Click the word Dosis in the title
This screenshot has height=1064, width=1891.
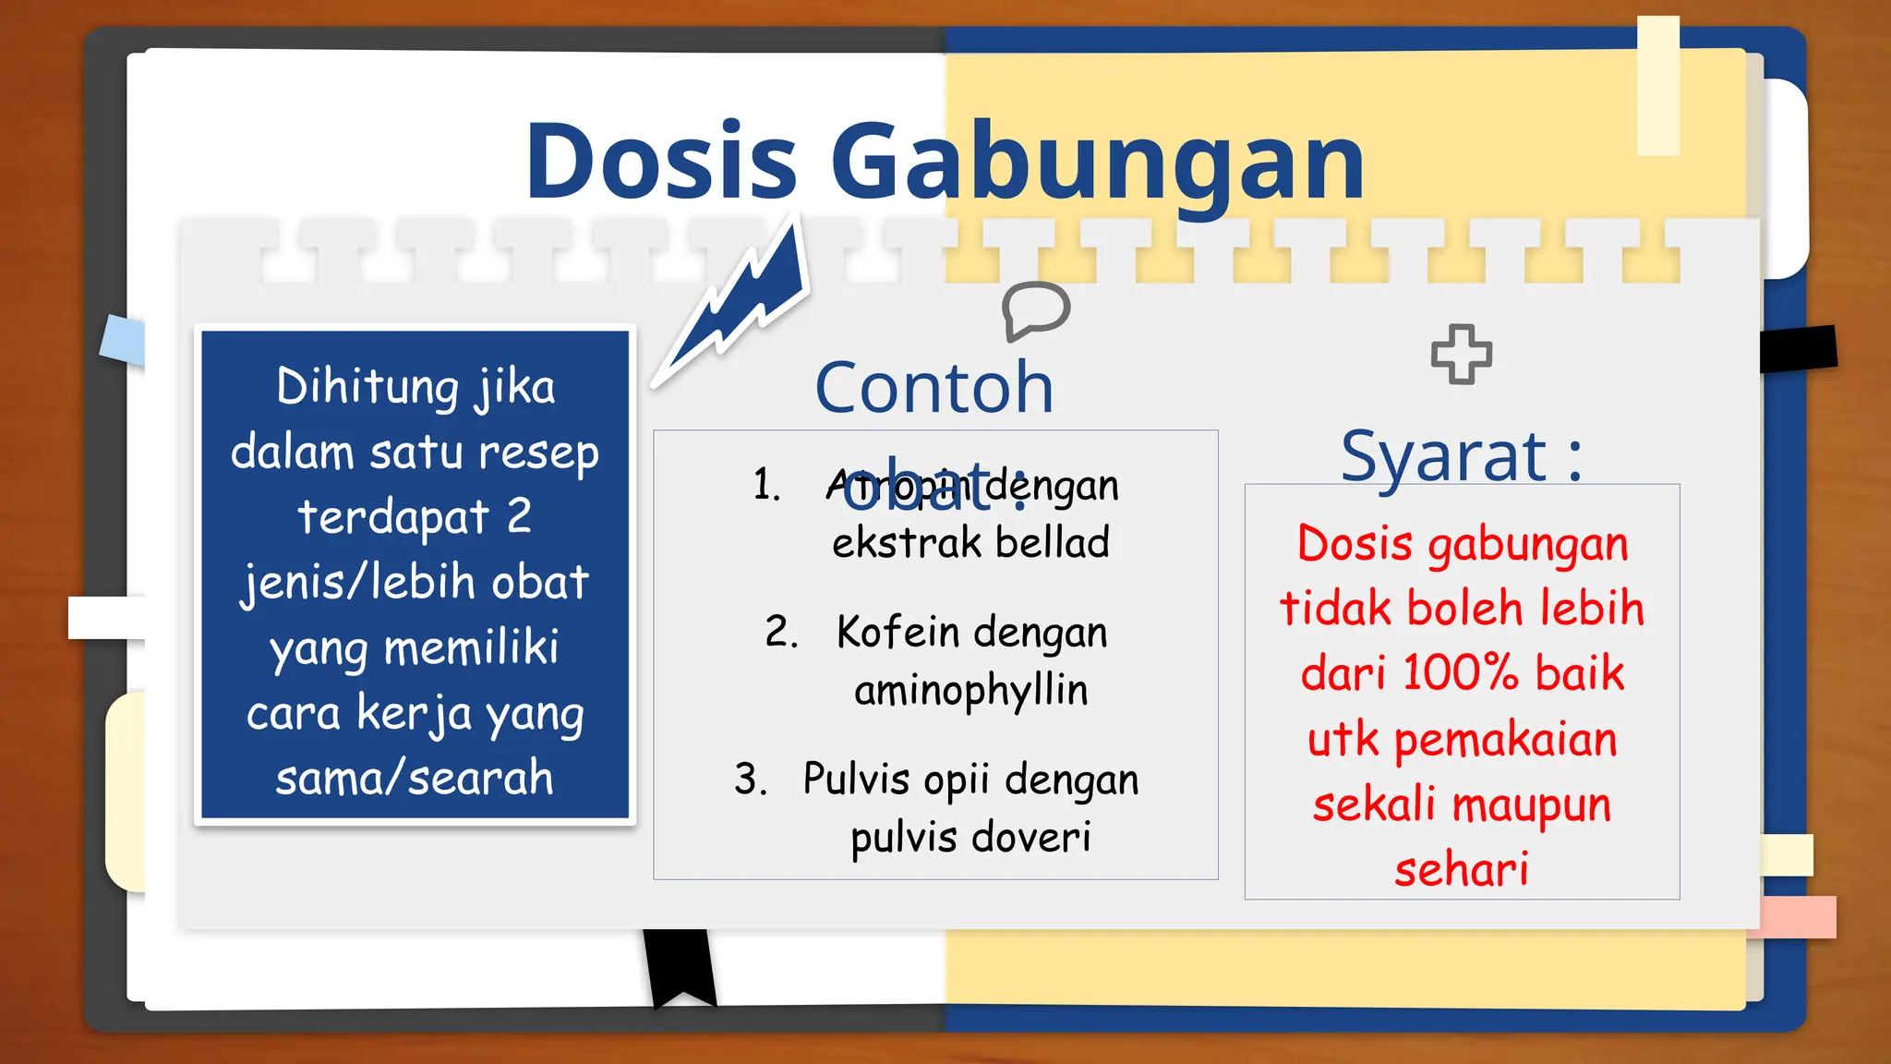[x=660, y=162]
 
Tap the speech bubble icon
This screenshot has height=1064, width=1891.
[x=1036, y=310]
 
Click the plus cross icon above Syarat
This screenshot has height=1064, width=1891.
[x=1461, y=354]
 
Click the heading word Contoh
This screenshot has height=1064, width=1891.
[x=933, y=388]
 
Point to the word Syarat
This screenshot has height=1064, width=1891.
[x=1443, y=456]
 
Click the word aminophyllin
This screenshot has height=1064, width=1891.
[x=970, y=691]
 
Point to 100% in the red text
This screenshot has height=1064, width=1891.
[x=1460, y=673]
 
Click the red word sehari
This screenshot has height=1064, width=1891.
[x=1461, y=870]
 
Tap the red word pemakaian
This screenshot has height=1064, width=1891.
[x=1505, y=740]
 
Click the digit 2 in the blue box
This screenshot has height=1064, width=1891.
[x=519, y=515]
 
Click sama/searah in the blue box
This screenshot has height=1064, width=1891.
[x=415, y=778]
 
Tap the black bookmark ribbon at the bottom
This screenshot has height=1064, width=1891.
[x=681, y=965]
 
